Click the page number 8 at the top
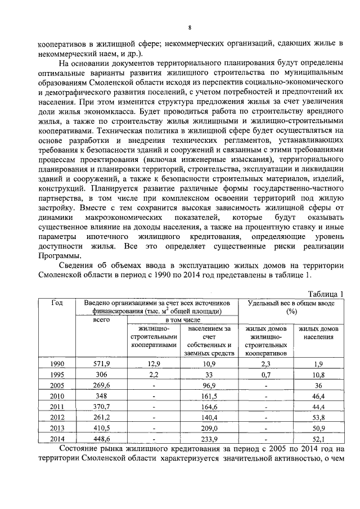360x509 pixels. click(190, 28)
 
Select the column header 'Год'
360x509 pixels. click(57, 303)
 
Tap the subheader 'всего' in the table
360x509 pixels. click(101, 319)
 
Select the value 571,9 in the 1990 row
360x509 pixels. click(101, 364)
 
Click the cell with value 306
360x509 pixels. click(101, 375)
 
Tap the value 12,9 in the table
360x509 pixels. click(154, 364)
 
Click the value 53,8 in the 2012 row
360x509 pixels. click(318, 417)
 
